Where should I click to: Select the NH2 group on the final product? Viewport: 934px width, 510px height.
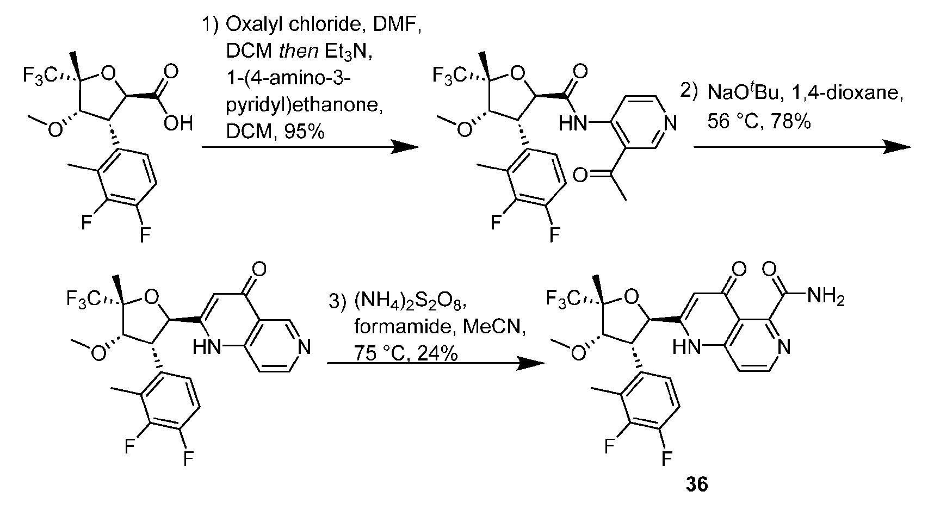tap(826, 297)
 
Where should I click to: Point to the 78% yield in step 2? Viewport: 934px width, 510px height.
tap(790, 122)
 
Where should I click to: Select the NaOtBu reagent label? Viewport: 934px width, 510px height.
tap(736, 95)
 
